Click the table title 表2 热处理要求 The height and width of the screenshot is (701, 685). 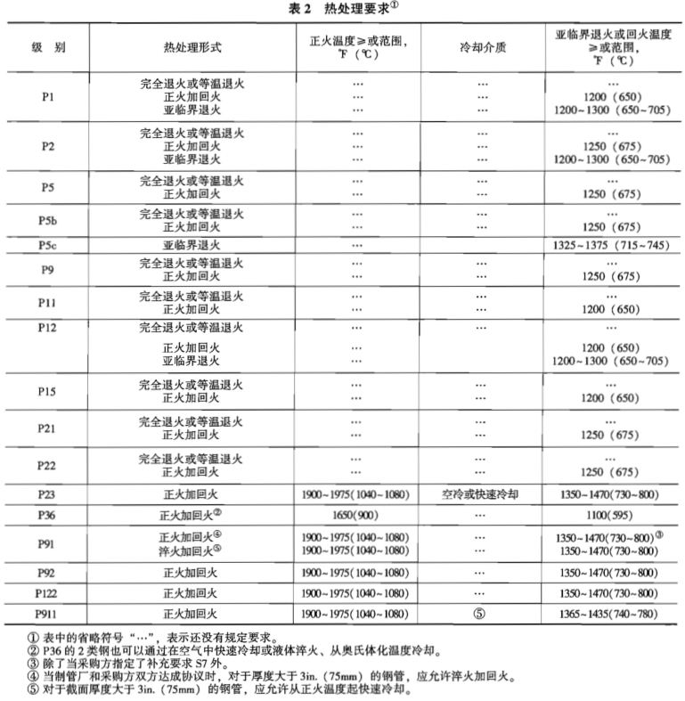343,8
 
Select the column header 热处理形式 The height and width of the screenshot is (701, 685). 192,45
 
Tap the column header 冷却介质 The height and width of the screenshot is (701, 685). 482,45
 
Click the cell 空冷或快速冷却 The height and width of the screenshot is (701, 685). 482,493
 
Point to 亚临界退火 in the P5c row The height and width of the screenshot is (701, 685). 192,244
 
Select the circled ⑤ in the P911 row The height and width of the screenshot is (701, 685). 482,614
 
